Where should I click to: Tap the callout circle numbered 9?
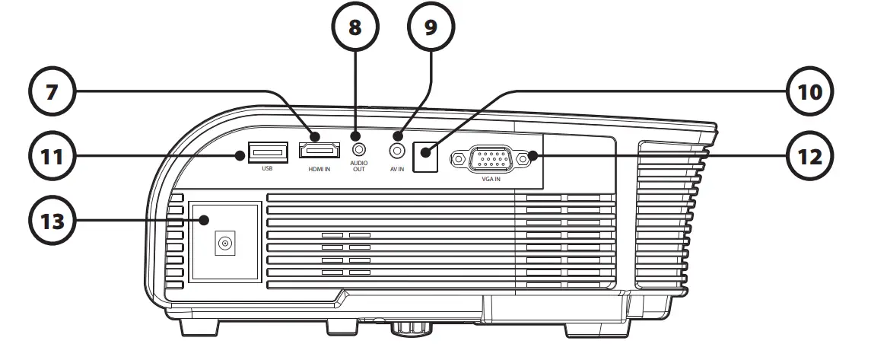click(x=430, y=28)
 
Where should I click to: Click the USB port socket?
click(x=268, y=152)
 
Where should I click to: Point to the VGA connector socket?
click(x=491, y=158)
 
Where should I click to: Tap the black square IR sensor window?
click(x=427, y=158)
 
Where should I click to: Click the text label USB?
click(x=267, y=169)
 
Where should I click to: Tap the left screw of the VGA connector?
click(x=459, y=158)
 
